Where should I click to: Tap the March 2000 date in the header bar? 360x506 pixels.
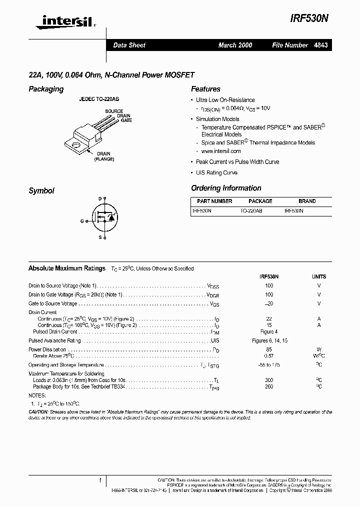click(x=235, y=45)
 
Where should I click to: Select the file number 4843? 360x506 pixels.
click(x=321, y=45)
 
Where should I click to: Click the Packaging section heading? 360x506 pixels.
click(x=46, y=89)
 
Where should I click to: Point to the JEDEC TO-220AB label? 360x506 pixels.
click(x=99, y=99)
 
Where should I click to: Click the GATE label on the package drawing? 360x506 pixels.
click(x=126, y=120)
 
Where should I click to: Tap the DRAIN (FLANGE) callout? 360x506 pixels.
click(x=104, y=156)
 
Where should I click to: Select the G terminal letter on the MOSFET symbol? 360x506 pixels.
click(x=82, y=220)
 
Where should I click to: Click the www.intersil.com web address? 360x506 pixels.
click(x=221, y=151)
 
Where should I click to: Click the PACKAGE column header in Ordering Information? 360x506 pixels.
click(x=260, y=201)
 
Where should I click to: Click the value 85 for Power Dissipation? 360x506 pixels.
click(x=269, y=349)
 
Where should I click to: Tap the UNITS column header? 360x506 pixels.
click(x=318, y=276)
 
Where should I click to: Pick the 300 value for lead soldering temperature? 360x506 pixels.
click(x=269, y=380)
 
